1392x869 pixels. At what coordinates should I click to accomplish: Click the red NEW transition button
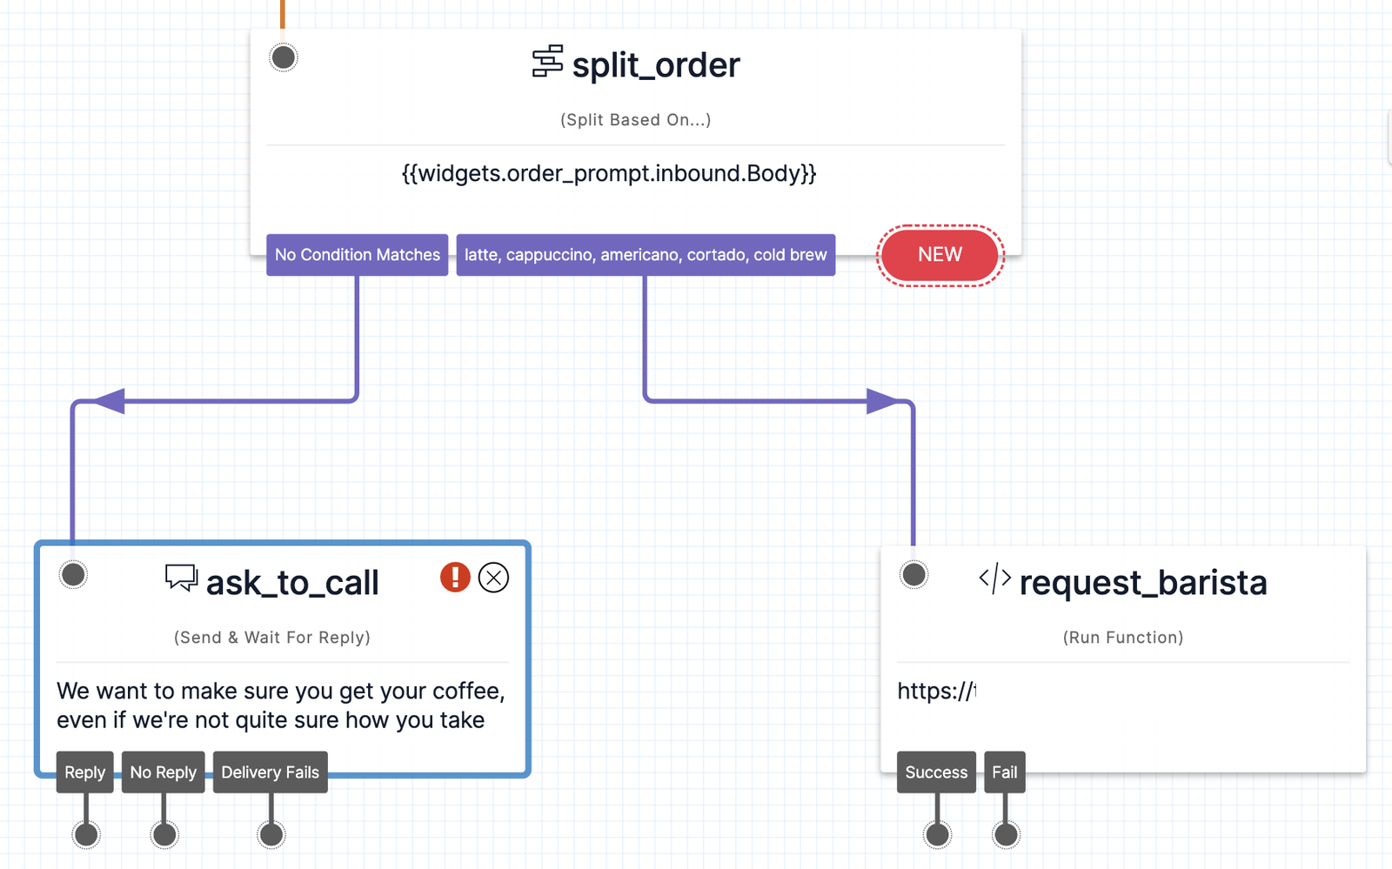[x=940, y=255]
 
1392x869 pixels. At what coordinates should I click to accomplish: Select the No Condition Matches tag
[x=357, y=255]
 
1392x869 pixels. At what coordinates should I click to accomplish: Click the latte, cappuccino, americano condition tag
[x=645, y=255]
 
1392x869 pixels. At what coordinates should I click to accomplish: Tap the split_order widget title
[x=655, y=65]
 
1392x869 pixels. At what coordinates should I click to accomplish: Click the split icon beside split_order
[x=547, y=62]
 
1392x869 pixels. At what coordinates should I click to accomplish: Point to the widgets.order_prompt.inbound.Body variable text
[x=609, y=173]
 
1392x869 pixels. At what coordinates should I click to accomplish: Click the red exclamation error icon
[x=455, y=577]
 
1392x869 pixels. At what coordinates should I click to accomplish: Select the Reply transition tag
[x=85, y=772]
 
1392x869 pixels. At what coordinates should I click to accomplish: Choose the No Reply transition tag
[x=164, y=772]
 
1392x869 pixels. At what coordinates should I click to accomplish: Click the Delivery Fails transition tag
[x=270, y=772]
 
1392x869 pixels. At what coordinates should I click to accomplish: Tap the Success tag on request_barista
[x=936, y=772]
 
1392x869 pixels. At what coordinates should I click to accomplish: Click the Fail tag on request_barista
[x=1004, y=772]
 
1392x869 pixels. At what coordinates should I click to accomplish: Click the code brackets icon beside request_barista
[x=994, y=578]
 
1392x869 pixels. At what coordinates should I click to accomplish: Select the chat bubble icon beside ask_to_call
[x=181, y=578]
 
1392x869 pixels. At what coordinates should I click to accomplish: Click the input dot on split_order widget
[x=284, y=57]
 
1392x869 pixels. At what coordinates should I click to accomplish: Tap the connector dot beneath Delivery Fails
[x=271, y=835]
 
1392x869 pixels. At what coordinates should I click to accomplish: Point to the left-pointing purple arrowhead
[x=110, y=401]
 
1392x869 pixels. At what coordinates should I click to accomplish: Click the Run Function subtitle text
[x=1122, y=638]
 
